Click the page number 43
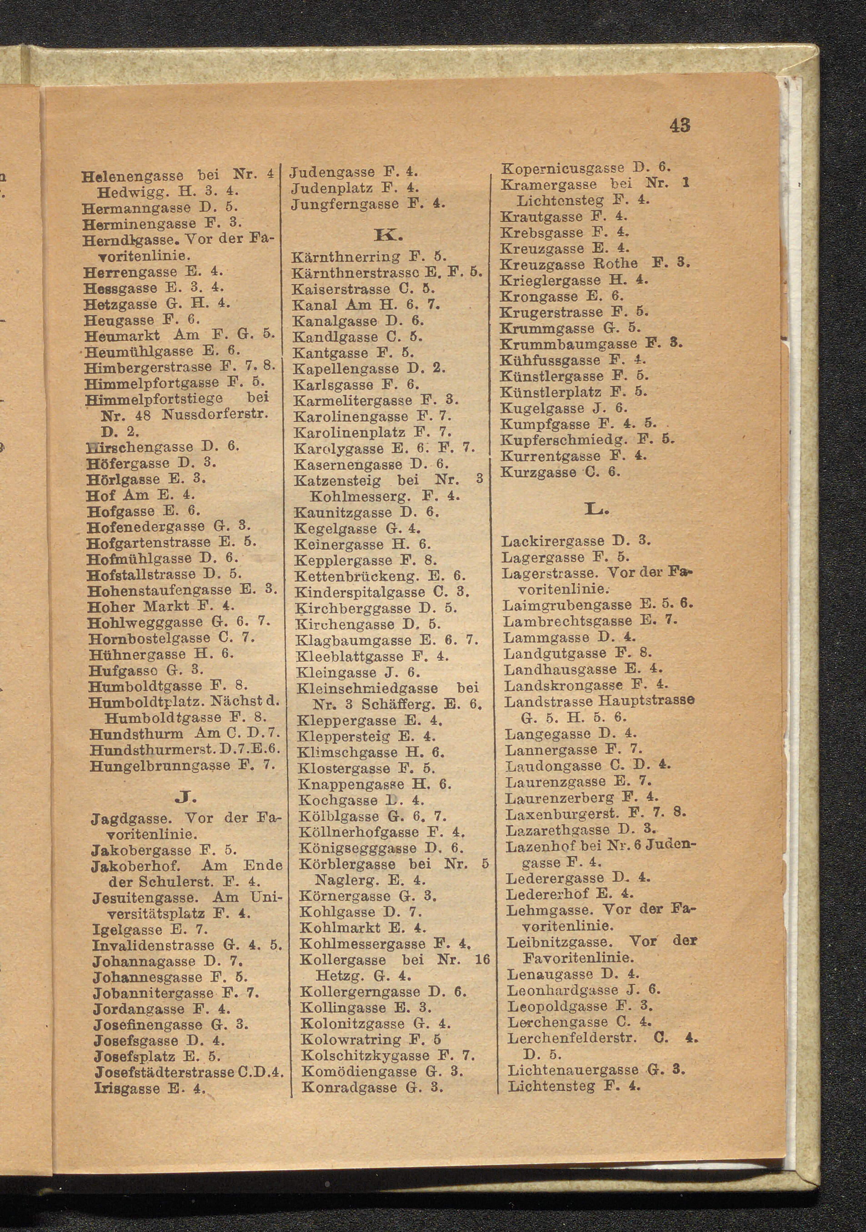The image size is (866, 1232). [x=680, y=126]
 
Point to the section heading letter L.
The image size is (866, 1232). [x=597, y=509]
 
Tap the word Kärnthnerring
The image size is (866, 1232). [x=346, y=257]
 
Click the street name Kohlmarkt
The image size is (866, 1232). [x=340, y=927]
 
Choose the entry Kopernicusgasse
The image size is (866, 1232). [x=562, y=168]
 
